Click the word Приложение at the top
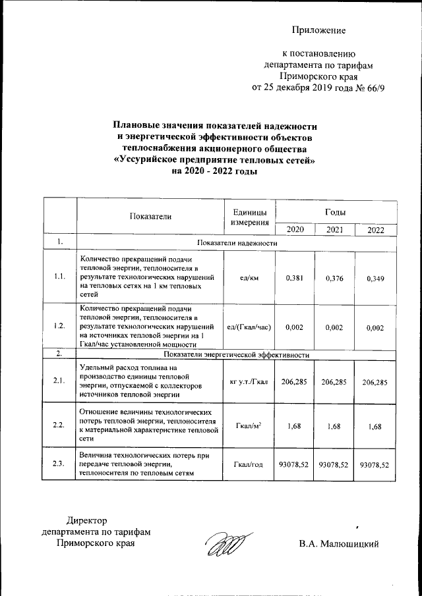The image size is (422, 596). (x=319, y=30)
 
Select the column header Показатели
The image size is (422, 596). (x=150, y=216)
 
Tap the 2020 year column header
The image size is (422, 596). (x=295, y=229)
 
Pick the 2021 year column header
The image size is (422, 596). (x=334, y=229)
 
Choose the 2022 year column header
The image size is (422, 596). (x=376, y=230)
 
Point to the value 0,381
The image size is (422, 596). (x=295, y=278)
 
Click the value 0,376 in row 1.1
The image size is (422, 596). (x=334, y=278)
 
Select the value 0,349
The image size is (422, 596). (x=376, y=279)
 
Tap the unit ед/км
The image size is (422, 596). (x=250, y=278)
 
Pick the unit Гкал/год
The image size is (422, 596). (x=250, y=465)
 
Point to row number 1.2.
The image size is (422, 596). (x=59, y=326)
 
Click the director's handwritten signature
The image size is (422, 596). (x=224, y=543)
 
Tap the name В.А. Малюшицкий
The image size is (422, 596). (x=338, y=544)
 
